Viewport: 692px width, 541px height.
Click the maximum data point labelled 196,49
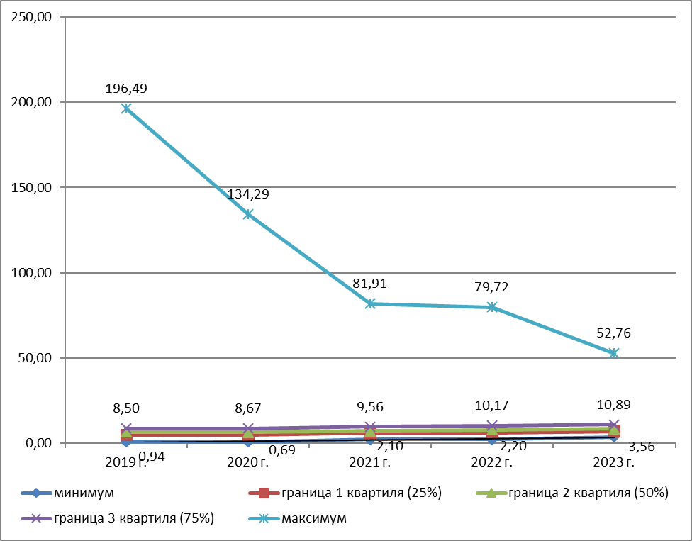(126, 108)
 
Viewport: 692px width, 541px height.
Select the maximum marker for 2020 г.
(248, 214)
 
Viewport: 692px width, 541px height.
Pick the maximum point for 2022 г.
(492, 307)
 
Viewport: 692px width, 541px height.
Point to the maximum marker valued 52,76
(614, 353)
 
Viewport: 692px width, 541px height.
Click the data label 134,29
(248, 194)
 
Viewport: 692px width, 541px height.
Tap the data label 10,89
(614, 405)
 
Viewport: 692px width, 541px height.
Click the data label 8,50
(126, 409)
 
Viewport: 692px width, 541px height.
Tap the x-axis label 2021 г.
(370, 462)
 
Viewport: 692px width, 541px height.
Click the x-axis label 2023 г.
(614, 462)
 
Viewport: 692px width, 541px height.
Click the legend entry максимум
(314, 518)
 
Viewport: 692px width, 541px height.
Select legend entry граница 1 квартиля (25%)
(362, 493)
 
